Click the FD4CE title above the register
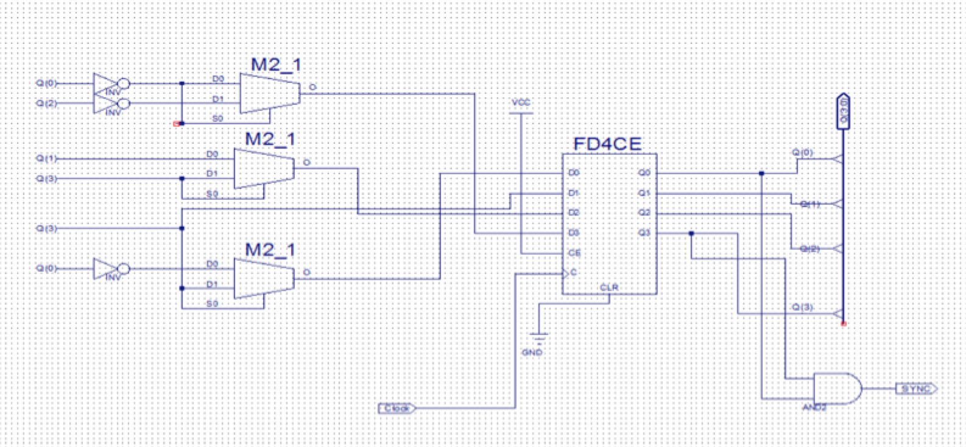pyautogui.click(x=607, y=144)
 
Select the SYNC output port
pyautogui.click(x=916, y=389)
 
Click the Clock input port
pyautogui.click(x=397, y=408)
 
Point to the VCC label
pyautogui.click(x=521, y=103)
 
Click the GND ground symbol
pyautogui.click(x=538, y=337)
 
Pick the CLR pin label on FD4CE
pyautogui.click(x=608, y=287)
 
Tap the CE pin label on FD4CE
pyautogui.click(x=574, y=253)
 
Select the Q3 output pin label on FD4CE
pyautogui.click(x=644, y=233)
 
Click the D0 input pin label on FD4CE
pyautogui.click(x=573, y=173)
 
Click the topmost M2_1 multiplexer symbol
pyautogui.click(x=269, y=93)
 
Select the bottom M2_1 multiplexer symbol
pyautogui.click(x=264, y=278)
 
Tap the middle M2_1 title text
pyautogui.click(x=270, y=139)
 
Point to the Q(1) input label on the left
pyautogui.click(x=46, y=159)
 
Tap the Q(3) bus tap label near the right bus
pyautogui.click(x=802, y=308)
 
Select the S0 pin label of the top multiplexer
pyautogui.click(x=217, y=119)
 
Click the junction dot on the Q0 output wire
pyautogui.click(x=761, y=174)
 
